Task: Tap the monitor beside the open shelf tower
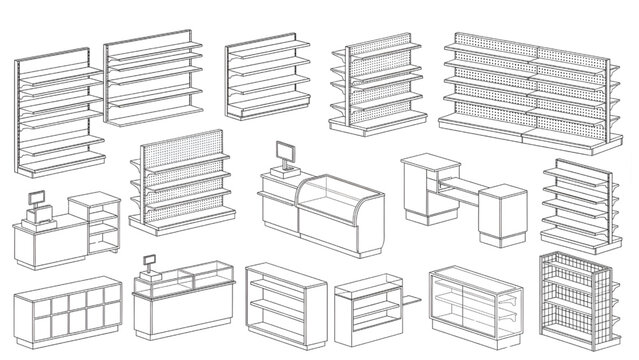[x=38, y=199]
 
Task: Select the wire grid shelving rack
[x=573, y=300]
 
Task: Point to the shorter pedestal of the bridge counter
[x=499, y=215]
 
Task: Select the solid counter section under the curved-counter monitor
[x=278, y=208]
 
